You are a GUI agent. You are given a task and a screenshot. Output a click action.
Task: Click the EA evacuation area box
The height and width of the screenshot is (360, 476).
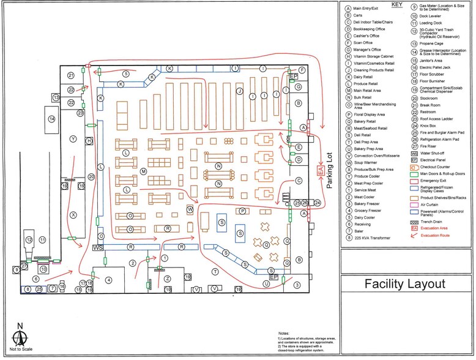point(319,172)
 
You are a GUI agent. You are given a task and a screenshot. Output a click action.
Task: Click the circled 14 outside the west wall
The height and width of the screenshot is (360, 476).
point(52,119)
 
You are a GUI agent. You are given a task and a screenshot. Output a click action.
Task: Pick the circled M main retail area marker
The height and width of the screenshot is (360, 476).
point(143,172)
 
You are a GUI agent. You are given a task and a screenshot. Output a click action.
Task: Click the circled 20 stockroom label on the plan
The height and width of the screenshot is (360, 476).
point(91,177)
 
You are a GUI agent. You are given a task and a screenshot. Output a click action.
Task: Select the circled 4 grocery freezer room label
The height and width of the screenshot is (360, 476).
point(108,280)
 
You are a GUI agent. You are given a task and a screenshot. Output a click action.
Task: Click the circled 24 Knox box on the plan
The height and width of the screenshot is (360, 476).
point(317,202)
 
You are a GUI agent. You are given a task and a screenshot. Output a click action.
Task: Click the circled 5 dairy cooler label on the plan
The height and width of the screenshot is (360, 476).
point(125,73)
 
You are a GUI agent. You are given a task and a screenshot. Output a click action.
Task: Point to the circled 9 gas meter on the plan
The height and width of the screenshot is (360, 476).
point(16,269)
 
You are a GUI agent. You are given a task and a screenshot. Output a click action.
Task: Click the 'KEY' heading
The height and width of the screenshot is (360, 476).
point(396,5)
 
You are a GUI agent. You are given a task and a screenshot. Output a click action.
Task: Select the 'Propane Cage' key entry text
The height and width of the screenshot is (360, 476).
point(431,43)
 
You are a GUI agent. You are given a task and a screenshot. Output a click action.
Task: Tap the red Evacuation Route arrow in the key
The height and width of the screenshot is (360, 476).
point(414,234)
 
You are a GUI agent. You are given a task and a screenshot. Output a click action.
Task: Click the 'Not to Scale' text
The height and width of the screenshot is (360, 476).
point(20,350)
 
